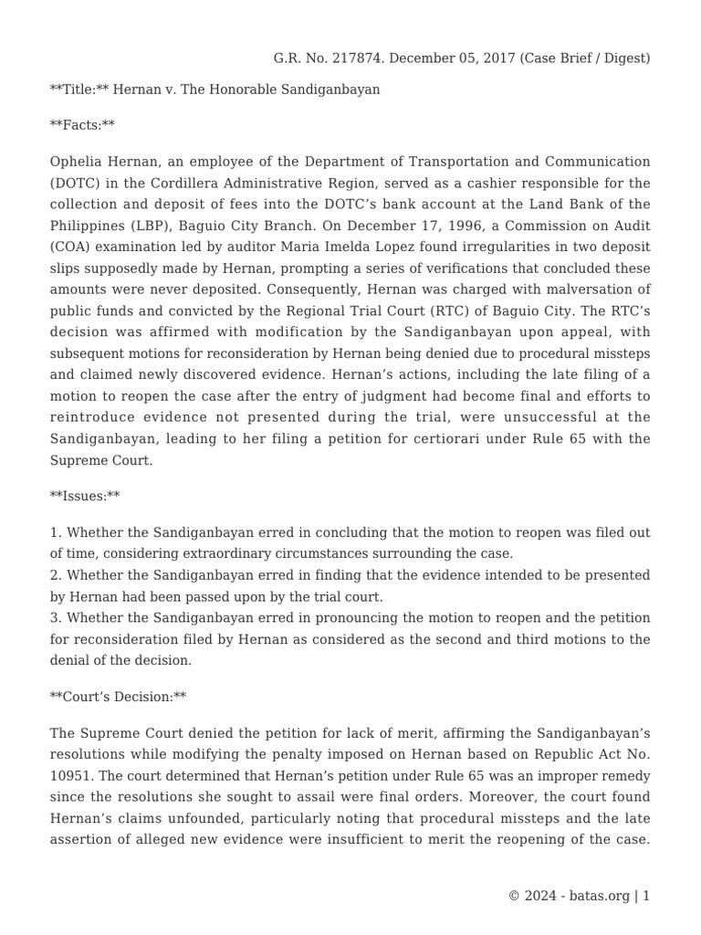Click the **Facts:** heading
pyautogui.click(x=82, y=124)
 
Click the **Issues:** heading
pyautogui.click(x=85, y=496)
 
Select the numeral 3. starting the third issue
pyautogui.click(x=57, y=618)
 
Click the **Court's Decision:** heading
pyautogui.click(x=118, y=697)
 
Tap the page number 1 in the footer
pyautogui.click(x=646, y=896)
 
